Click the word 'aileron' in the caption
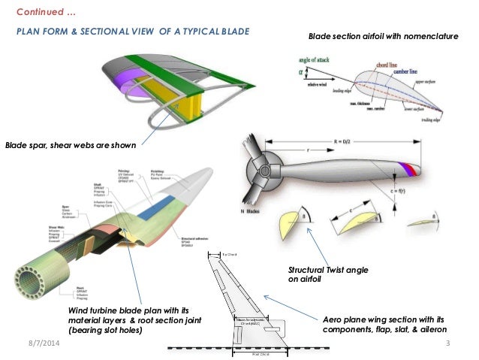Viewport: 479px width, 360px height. click(429, 329)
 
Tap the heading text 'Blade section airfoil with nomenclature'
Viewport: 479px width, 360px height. click(383, 36)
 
